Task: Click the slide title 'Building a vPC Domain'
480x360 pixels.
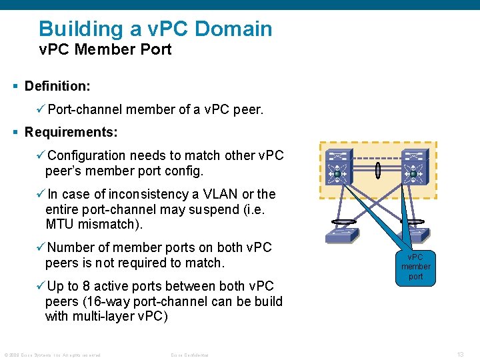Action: click(x=155, y=29)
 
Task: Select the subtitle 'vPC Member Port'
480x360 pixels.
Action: click(x=105, y=49)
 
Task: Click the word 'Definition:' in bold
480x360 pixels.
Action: click(x=57, y=86)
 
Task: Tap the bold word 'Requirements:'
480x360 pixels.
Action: click(x=71, y=132)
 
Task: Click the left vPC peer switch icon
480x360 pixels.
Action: click(x=337, y=166)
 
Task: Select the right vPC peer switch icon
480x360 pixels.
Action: click(x=413, y=166)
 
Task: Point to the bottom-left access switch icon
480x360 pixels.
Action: click(x=341, y=235)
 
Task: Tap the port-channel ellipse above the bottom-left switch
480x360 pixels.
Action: click(x=341, y=223)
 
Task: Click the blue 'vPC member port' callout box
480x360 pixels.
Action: click(x=415, y=267)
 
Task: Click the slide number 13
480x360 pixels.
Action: click(x=460, y=354)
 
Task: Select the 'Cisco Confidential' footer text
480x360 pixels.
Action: click(x=189, y=355)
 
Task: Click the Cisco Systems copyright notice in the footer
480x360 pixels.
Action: click(x=52, y=355)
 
